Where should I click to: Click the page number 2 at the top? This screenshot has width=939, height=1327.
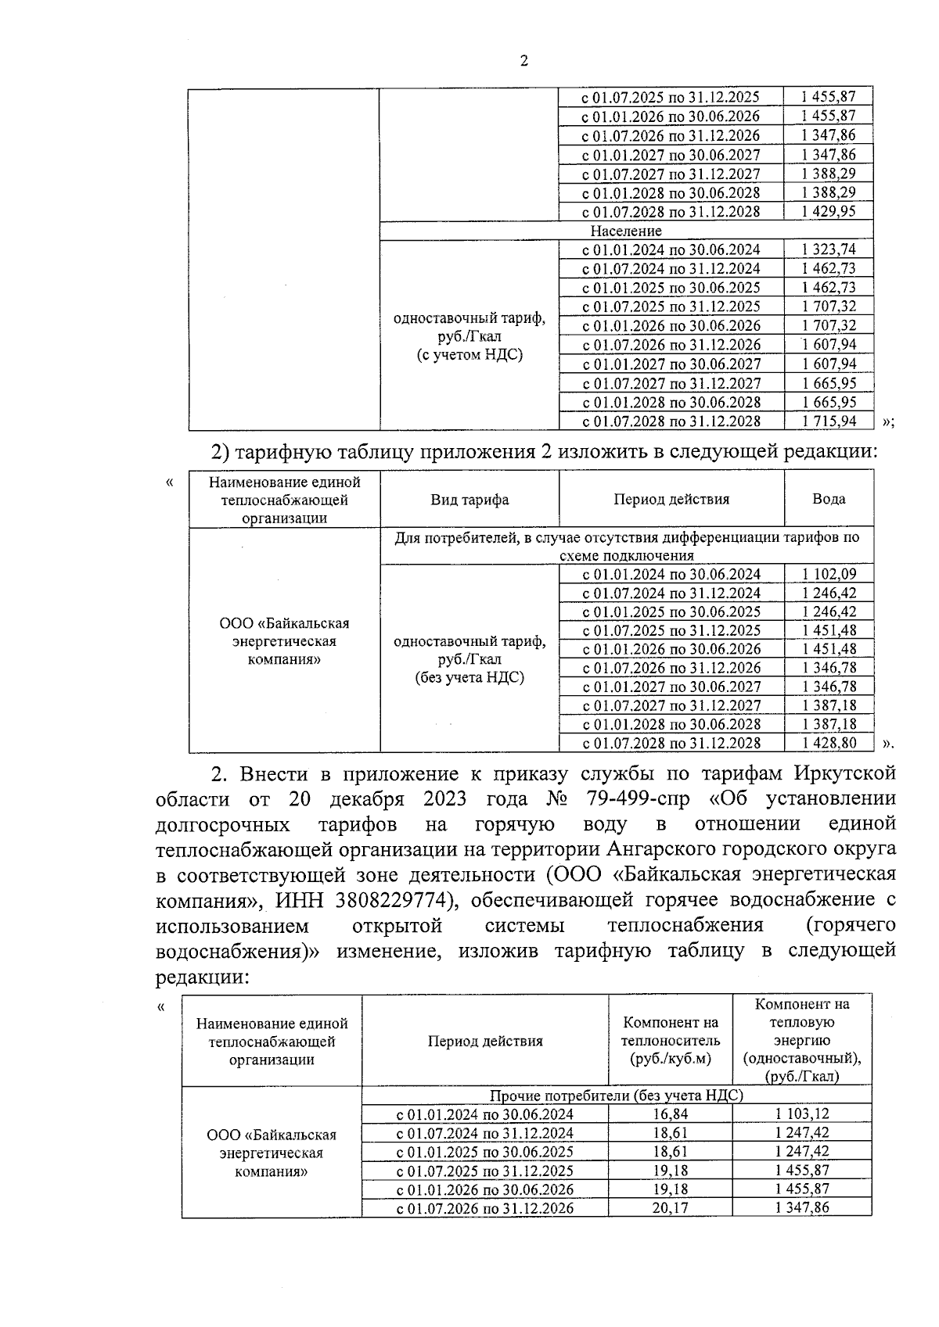click(x=523, y=61)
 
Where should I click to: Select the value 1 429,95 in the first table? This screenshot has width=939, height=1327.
click(x=828, y=211)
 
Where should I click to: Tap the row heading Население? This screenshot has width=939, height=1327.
click(x=625, y=231)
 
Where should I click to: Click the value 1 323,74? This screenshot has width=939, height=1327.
click(x=828, y=249)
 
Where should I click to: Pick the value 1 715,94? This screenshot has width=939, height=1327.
click(x=828, y=421)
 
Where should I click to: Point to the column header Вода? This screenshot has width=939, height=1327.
click(x=828, y=499)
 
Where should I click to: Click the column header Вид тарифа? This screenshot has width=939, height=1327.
click(x=469, y=500)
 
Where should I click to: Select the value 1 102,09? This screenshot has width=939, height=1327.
click(x=828, y=574)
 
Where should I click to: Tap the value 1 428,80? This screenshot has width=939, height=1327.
click(x=828, y=743)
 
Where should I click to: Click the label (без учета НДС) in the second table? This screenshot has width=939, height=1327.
click(x=469, y=678)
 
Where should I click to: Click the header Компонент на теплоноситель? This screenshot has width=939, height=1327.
click(x=670, y=1041)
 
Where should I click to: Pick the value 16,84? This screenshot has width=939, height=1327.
click(x=670, y=1114)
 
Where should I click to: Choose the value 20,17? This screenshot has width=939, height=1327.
click(x=670, y=1208)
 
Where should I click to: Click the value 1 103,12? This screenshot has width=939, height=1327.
click(x=802, y=1114)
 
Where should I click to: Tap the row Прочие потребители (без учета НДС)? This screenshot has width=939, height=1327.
click(x=616, y=1096)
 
